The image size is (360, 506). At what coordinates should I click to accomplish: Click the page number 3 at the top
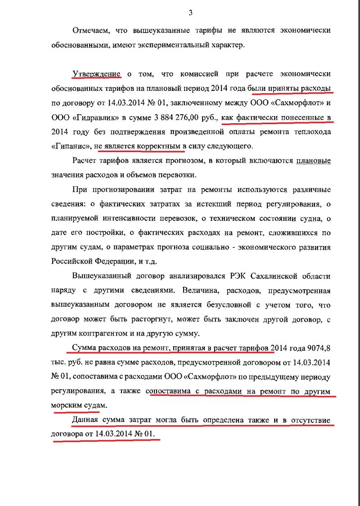click(x=190, y=13)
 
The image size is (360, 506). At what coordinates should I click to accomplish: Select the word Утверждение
click(x=96, y=74)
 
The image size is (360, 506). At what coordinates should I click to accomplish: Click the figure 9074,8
click(x=315, y=349)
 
